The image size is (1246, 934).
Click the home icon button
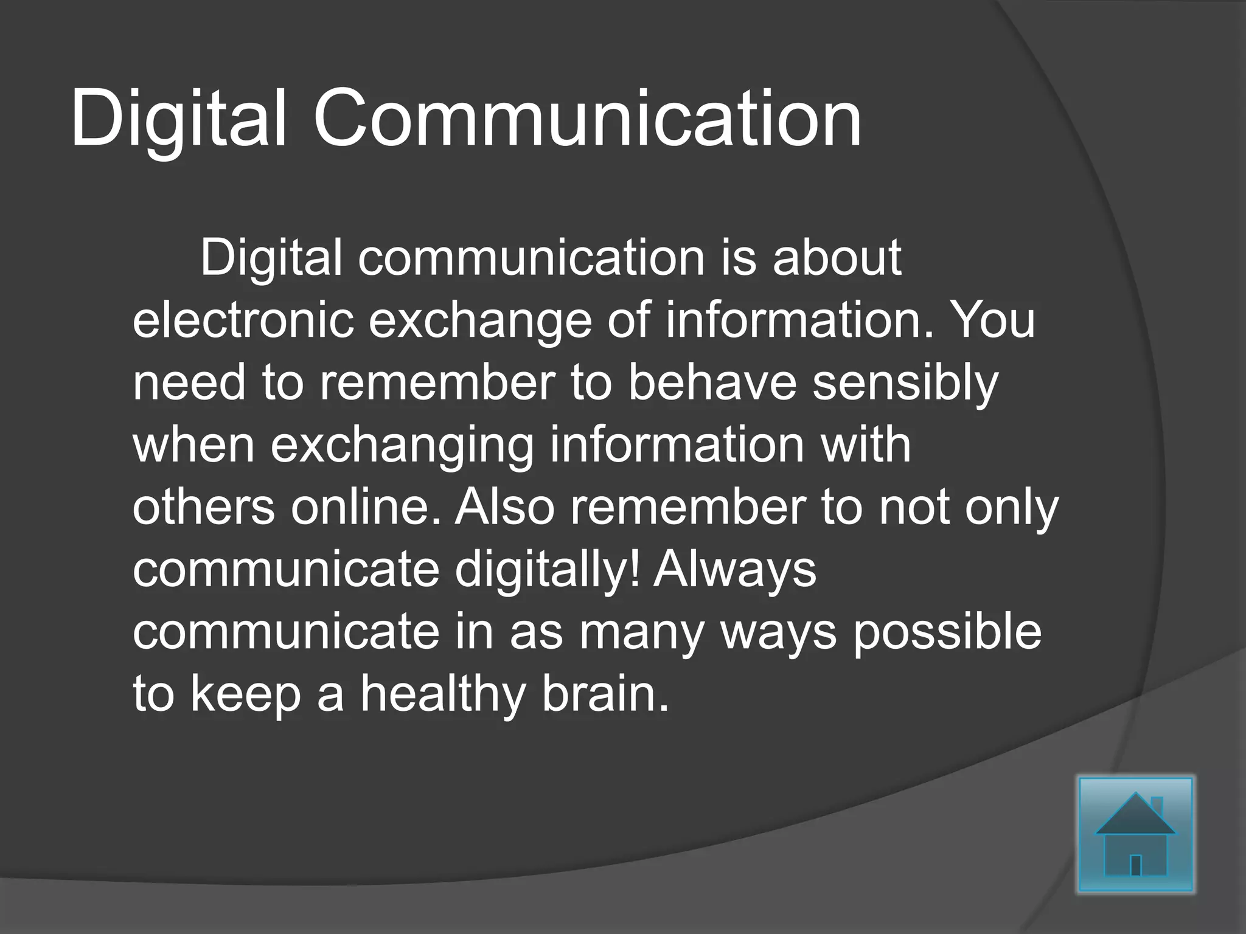click(x=1135, y=834)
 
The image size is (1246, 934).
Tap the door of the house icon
click(x=1135, y=865)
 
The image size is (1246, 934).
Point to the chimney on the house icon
click(x=1157, y=807)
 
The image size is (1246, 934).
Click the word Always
click(x=734, y=570)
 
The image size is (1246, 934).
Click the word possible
click(x=946, y=632)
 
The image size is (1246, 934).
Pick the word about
click(x=837, y=258)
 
